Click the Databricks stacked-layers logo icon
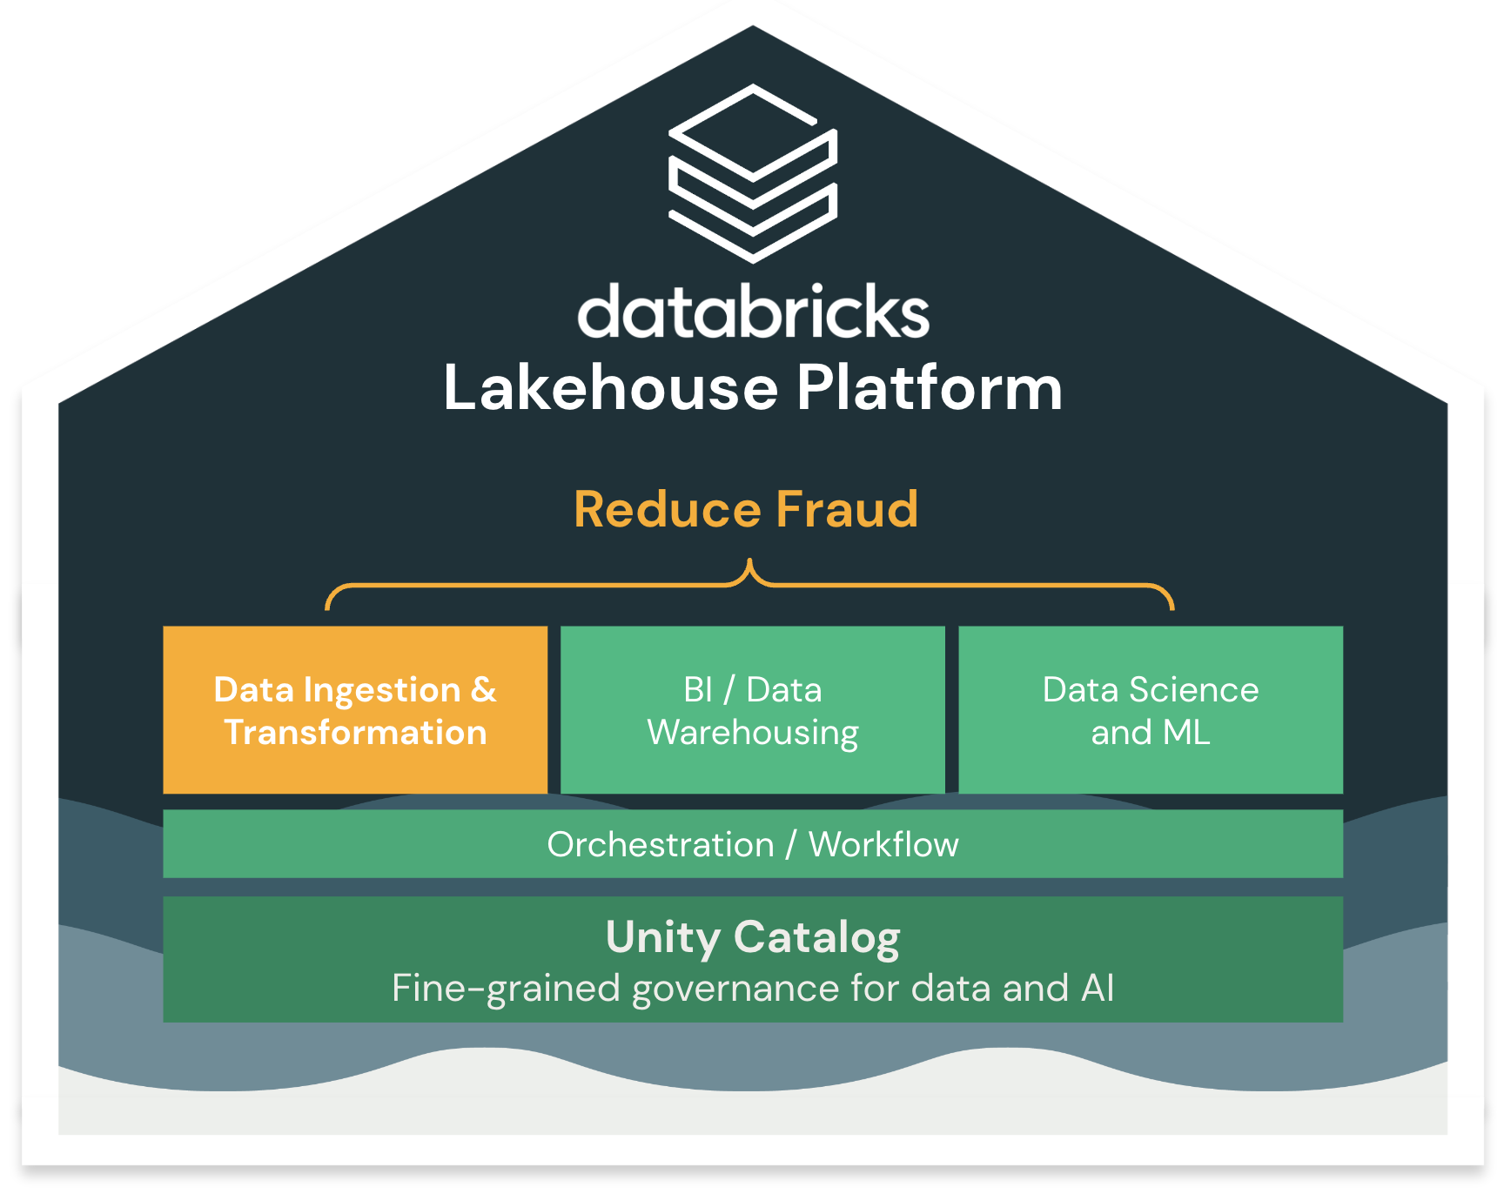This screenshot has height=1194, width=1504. [x=753, y=173]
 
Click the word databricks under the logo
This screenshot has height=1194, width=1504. [x=754, y=312]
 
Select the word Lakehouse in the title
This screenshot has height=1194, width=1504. [x=610, y=388]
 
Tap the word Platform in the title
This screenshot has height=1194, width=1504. [x=929, y=388]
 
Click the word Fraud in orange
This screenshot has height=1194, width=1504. [x=846, y=510]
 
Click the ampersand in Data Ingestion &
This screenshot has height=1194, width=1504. [x=483, y=690]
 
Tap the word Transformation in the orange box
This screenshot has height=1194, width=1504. [x=355, y=733]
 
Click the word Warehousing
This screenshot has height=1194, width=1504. [x=753, y=734]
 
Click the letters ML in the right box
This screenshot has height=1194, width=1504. [x=1186, y=733]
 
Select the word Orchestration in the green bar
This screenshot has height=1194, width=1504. [x=661, y=845]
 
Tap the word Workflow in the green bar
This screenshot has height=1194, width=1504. [x=883, y=845]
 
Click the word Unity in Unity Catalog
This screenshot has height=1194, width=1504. [x=663, y=938]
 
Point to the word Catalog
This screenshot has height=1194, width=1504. [x=816, y=938]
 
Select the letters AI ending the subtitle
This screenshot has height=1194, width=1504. [x=1098, y=989]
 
